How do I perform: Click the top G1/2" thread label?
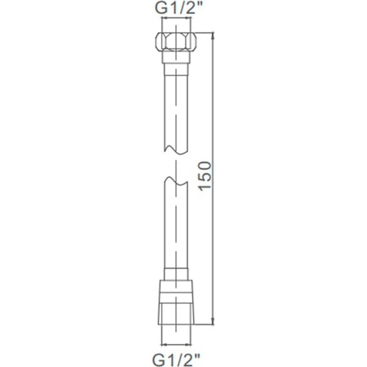178,8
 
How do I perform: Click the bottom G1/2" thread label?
176,360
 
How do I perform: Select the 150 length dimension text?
205,176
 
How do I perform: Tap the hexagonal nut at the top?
176,41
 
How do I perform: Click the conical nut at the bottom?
176,302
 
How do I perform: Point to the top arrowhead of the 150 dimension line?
212,35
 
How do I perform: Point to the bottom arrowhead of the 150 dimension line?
212,321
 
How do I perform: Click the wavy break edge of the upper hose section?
176,151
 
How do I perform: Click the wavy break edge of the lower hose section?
176,181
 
